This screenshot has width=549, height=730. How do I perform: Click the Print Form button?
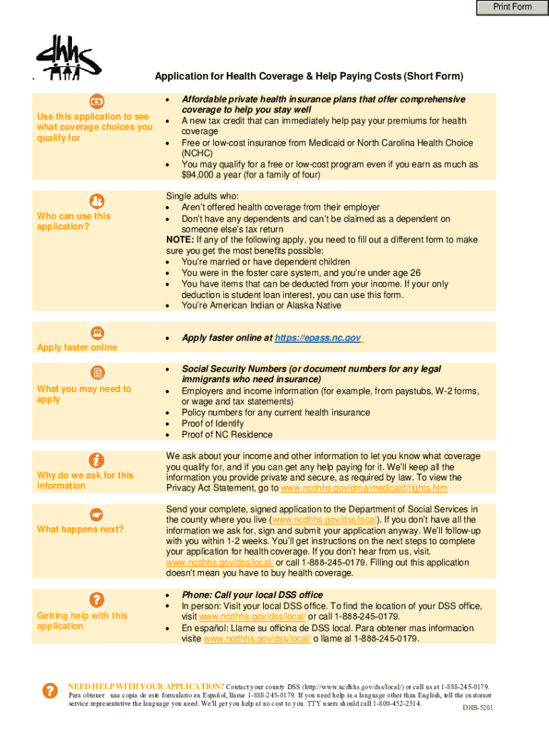tap(513, 7)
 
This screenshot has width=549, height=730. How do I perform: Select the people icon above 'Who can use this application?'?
tap(96, 201)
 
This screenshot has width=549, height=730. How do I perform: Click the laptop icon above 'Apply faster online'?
tap(96, 332)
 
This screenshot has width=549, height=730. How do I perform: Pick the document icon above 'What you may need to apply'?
tap(96, 372)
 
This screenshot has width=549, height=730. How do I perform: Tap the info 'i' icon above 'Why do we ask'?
tap(96, 461)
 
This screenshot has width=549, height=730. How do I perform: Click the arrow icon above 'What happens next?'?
tap(96, 514)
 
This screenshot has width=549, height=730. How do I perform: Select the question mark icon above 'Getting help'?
tap(96, 600)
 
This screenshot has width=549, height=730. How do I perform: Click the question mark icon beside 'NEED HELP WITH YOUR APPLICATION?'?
tap(50, 690)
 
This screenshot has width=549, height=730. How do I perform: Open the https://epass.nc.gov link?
tap(318, 338)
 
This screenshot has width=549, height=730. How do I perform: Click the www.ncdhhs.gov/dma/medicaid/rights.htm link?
tap(364, 488)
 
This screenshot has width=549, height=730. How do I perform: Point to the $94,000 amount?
tap(197, 175)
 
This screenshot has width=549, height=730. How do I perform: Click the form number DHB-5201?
tap(477, 708)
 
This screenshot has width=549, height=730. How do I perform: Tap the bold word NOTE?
tap(178, 240)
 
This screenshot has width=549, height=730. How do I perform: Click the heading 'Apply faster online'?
tap(77, 348)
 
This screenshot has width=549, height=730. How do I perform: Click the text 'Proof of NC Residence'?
tap(227, 435)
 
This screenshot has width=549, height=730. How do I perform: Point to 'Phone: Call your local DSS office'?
tap(252, 595)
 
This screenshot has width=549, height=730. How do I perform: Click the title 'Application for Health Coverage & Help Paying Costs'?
tap(309, 76)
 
